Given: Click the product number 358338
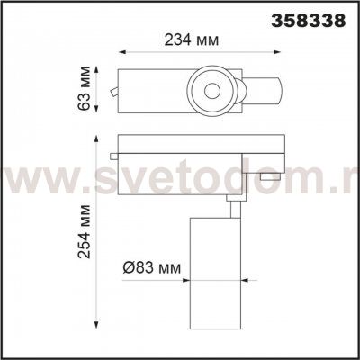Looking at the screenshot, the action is tap(309, 21).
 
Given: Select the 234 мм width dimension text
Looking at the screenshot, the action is tap(192, 40).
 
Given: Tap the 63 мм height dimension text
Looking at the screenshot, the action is tap(84, 88).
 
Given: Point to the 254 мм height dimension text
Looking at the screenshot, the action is tap(84, 231).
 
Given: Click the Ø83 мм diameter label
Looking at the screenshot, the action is tap(152, 268).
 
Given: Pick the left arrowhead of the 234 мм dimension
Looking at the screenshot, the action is tap(121, 52).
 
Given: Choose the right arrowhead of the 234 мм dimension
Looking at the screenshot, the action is tap(277, 52).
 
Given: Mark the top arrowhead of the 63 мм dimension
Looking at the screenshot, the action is tap(96, 70).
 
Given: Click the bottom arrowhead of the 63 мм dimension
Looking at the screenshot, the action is tap(96, 109).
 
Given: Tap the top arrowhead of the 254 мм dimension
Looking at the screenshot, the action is tap(96, 139).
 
